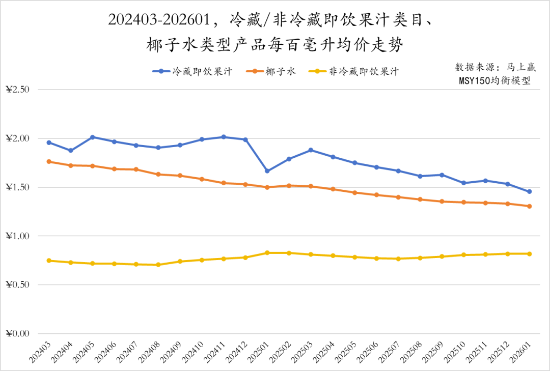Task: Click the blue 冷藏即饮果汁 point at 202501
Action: click(267, 171)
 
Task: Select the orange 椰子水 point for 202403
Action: click(49, 161)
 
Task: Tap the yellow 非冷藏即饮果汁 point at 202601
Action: click(530, 253)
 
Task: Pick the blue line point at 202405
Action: click(93, 137)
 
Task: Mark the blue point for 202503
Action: click(311, 150)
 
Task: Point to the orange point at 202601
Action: click(530, 206)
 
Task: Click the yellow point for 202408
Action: click(158, 265)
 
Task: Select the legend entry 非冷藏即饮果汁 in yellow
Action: click(354, 72)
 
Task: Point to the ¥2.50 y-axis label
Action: click(18, 90)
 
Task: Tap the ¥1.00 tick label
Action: click(18, 236)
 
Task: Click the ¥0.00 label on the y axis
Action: click(18, 334)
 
